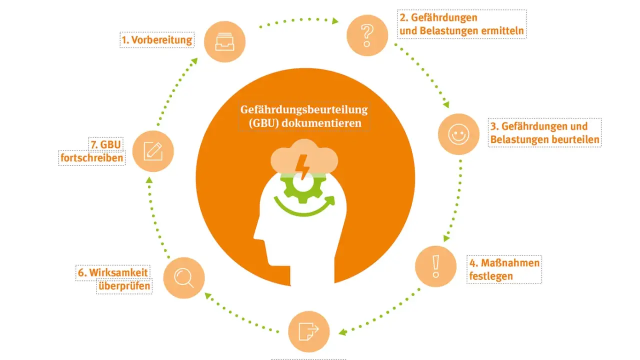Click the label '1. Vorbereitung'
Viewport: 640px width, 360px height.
point(157,40)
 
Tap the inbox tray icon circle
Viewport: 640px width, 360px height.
point(224,41)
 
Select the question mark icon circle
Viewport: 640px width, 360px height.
point(367,35)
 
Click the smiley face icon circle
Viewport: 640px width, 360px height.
point(458,134)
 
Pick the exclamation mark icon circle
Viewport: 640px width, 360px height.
point(435,266)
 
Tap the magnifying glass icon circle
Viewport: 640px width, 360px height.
point(184,278)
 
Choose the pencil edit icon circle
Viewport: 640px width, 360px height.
point(153,151)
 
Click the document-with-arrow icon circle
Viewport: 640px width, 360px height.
point(308,331)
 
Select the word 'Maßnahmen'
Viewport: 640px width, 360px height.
point(510,263)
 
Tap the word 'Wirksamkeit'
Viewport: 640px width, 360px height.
point(118,272)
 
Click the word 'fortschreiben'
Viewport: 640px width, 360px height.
point(91,157)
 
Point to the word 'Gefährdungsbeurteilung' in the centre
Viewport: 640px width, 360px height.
point(304,109)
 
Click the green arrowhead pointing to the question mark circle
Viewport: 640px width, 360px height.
point(335,21)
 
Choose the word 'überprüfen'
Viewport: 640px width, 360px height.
point(124,286)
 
